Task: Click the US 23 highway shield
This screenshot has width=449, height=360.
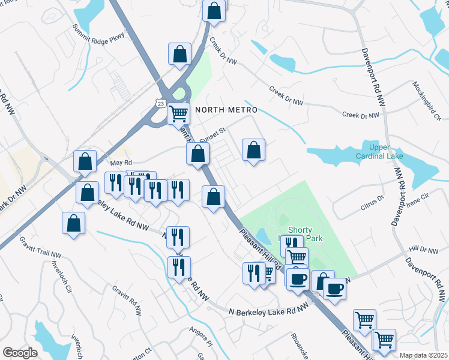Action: click(x=160, y=104)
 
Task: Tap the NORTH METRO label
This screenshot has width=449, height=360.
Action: click(x=226, y=110)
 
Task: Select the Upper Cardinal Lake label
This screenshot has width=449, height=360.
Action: click(x=379, y=152)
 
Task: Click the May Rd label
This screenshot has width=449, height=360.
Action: click(x=120, y=162)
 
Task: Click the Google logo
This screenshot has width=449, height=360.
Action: click(x=20, y=353)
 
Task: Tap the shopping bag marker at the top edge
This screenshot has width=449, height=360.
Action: click(x=214, y=10)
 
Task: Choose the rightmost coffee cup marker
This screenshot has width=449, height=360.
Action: click(x=334, y=289)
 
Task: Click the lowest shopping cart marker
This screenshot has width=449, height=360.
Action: click(x=384, y=340)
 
